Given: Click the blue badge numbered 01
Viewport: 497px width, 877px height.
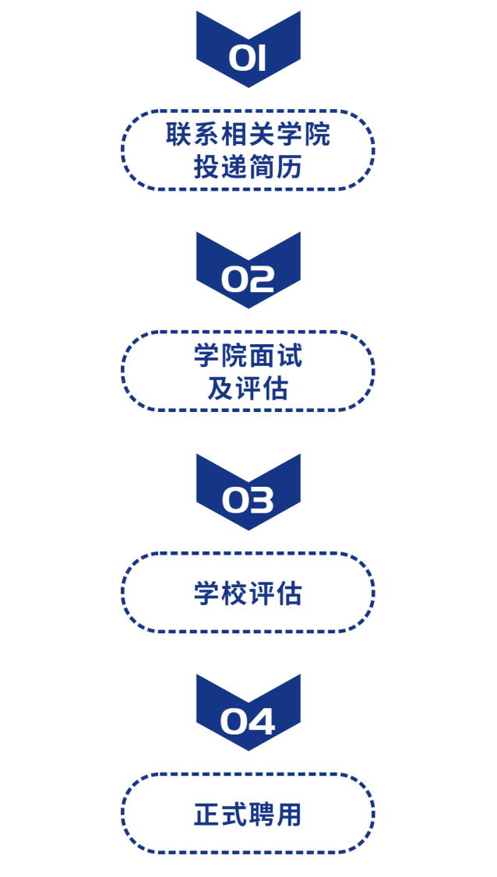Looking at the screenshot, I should [248, 51].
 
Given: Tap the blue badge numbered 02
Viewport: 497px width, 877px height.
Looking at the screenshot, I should [248, 273].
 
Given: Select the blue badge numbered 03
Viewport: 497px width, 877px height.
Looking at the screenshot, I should [248, 495].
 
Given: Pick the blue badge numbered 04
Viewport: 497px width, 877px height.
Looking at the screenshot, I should [248, 715].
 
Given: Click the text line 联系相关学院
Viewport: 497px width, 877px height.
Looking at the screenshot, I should [248, 134].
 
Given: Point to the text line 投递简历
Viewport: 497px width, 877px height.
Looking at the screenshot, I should [248, 167].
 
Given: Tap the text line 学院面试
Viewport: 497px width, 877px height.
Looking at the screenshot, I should [248, 356].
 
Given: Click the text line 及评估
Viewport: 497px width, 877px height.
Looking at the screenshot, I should [248, 389].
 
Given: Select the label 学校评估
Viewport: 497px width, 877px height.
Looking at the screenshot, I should [248, 593].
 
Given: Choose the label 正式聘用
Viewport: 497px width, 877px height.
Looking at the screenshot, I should [248, 815].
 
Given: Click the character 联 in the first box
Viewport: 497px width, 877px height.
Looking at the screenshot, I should [178, 134].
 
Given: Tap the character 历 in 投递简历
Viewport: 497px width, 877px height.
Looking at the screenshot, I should [289, 167].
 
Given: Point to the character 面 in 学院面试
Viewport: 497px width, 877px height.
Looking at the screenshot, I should [262, 356].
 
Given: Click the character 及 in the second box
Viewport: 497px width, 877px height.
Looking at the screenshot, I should [220, 389].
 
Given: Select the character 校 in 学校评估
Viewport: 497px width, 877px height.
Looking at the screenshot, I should [234, 593].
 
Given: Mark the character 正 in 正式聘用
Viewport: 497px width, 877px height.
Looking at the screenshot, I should [206, 815].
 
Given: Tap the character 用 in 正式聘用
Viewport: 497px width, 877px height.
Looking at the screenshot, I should [289, 815].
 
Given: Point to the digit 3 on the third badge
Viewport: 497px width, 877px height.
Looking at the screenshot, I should [263, 501].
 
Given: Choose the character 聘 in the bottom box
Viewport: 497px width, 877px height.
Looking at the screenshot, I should [262, 815].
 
